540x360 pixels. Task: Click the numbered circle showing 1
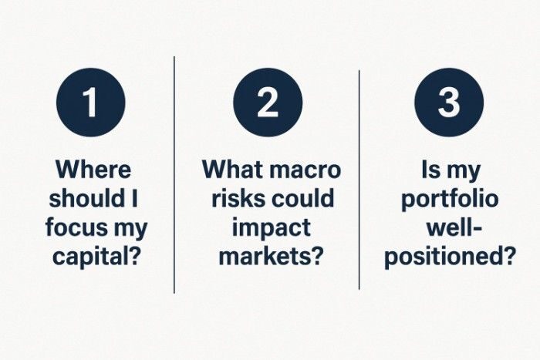click(91, 103)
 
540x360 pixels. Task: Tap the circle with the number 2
click(268, 103)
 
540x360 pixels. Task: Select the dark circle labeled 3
click(449, 103)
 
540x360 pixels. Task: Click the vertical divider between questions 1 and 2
click(174, 173)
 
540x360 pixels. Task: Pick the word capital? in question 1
click(97, 257)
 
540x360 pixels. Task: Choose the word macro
click(307, 169)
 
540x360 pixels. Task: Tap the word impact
click(268, 228)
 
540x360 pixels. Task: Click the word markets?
click(268, 257)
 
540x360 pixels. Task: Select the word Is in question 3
click(430, 169)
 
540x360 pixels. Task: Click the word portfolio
click(450, 199)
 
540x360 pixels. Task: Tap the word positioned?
click(450, 257)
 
